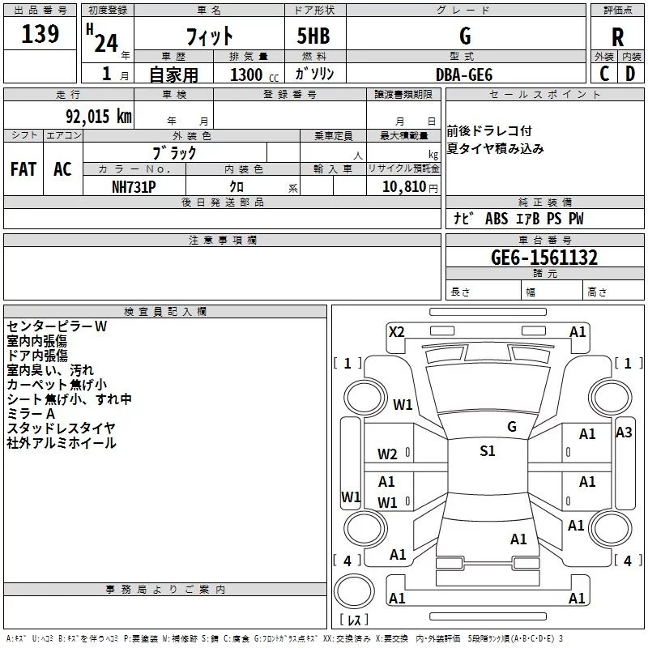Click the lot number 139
pos(40,34)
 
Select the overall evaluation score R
pos(617,37)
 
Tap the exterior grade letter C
pos(603,73)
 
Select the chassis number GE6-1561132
pos(544,258)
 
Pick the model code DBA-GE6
pos(463,74)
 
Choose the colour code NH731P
pos(134,186)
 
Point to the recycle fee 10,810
pos(403,186)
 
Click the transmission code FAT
pos(23,168)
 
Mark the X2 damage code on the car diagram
pos(397,331)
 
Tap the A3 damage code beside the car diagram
pos(624,432)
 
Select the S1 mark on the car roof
pos(487,451)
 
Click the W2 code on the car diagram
pos(387,454)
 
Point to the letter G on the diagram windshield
pos(511,426)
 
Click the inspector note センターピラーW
pos(57,326)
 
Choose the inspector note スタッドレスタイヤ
pos(61,428)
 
